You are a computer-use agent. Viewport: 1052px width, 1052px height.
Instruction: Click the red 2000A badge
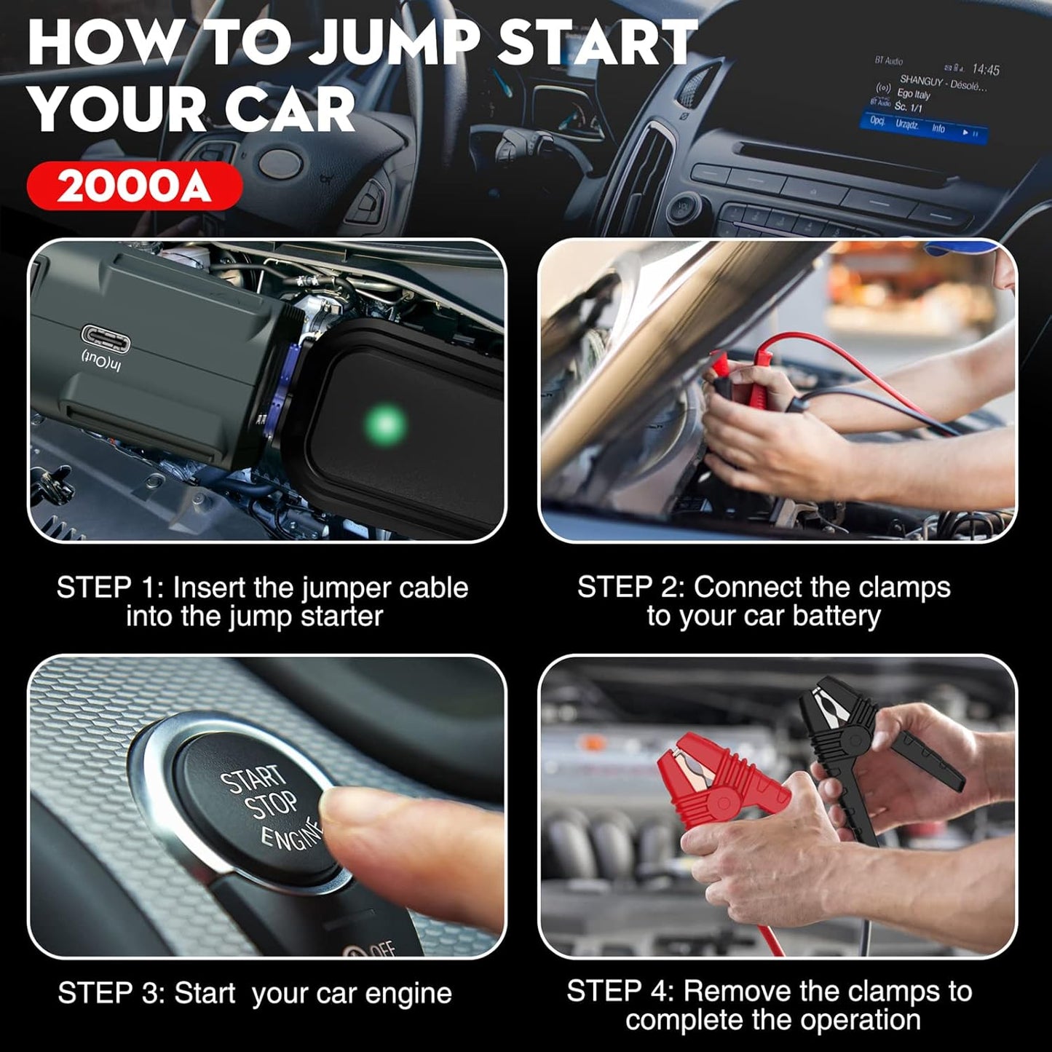(134, 186)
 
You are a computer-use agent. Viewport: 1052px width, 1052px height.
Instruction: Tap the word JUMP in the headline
(392, 44)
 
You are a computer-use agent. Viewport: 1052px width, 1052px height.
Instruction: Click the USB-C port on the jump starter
(106, 337)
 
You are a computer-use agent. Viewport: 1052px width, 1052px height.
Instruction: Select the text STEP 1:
(109, 588)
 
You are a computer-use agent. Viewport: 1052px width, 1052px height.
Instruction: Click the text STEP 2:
(630, 587)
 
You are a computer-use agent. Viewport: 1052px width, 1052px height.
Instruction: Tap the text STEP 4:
(620, 991)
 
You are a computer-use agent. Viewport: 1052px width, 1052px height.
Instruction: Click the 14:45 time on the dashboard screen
(985, 69)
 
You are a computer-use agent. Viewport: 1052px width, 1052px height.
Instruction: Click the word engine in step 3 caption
(408, 994)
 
